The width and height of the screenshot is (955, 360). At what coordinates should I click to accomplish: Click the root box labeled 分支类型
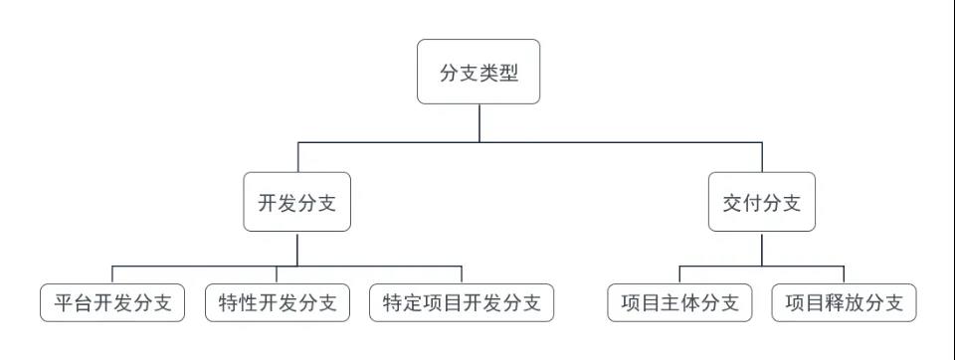[x=478, y=72]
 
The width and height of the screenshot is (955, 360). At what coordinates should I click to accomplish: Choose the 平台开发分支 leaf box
[x=112, y=303]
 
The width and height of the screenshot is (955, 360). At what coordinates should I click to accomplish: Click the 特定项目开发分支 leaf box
[x=462, y=303]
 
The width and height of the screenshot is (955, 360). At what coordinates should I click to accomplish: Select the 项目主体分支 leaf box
[x=679, y=303]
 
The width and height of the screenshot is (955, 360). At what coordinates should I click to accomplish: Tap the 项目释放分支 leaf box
[x=844, y=303]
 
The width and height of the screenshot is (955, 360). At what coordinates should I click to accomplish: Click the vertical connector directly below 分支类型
[x=478, y=122]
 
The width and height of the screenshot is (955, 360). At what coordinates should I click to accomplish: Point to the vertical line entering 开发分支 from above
[x=297, y=157]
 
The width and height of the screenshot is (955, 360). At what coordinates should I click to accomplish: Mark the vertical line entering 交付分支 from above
[x=761, y=157]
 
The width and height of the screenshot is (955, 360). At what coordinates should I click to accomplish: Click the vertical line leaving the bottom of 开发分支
[x=297, y=249]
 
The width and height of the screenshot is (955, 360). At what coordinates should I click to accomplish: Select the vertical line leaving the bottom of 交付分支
[x=761, y=249]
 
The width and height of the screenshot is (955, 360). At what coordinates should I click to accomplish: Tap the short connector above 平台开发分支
[x=112, y=275]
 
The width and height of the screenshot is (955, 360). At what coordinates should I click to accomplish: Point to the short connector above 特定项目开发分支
[x=462, y=275]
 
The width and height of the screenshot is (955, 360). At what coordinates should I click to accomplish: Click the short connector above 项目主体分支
[x=679, y=275]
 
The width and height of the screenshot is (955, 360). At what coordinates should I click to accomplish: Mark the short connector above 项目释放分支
[x=844, y=275]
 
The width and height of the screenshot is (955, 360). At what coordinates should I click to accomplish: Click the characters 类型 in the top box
[x=498, y=72]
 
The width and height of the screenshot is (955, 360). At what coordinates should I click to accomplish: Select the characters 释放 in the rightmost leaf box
[x=844, y=303]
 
